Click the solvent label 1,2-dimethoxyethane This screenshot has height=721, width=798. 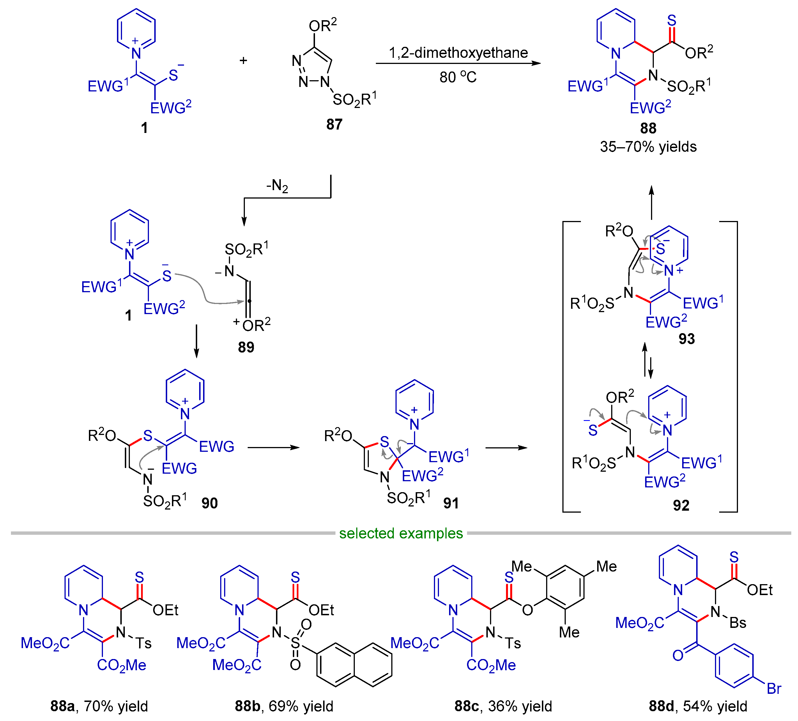click(x=458, y=53)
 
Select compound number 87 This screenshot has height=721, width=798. click(x=334, y=124)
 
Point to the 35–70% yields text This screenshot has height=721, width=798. click(x=648, y=147)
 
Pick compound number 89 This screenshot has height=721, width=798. click(x=246, y=347)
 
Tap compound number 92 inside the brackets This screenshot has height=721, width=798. click(x=681, y=505)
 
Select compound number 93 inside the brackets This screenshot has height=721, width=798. click(x=686, y=339)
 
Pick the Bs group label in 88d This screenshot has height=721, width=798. click(x=737, y=623)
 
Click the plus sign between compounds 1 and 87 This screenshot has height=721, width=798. click(x=243, y=61)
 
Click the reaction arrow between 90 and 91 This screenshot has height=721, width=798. click(x=273, y=448)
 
